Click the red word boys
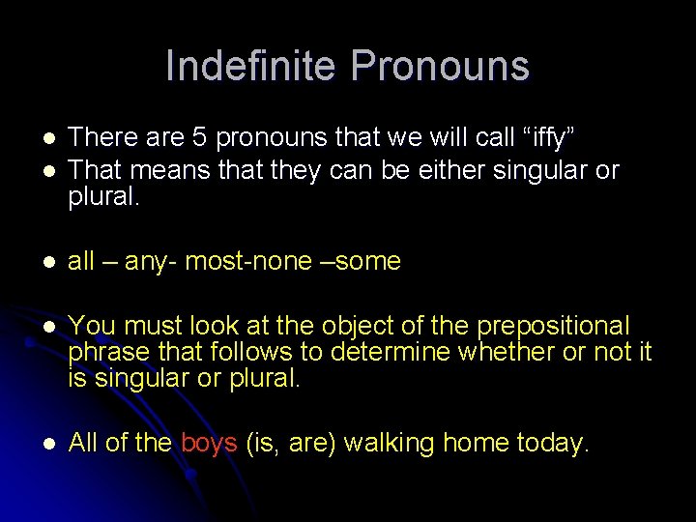click(209, 444)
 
